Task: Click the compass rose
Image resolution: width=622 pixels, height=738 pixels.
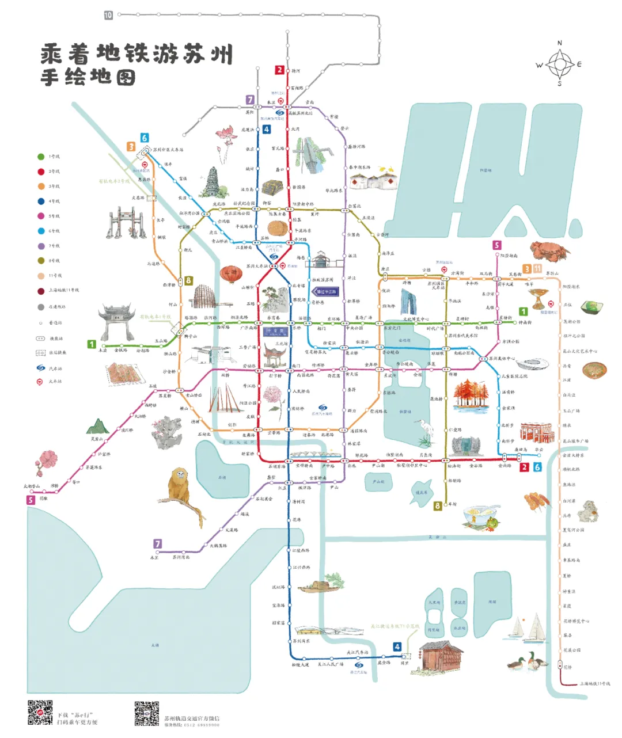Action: [559, 63]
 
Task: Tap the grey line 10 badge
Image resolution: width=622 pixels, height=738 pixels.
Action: [108, 15]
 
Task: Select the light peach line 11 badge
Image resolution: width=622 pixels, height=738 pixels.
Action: [537, 269]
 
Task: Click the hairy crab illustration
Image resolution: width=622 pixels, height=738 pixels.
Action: [549, 250]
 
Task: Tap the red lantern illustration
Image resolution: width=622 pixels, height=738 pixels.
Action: [230, 273]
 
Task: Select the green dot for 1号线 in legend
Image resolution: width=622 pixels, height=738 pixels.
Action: [41, 157]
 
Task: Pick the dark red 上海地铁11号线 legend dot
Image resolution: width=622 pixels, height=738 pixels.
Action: [41, 291]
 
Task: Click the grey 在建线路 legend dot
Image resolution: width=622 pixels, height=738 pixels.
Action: [41, 307]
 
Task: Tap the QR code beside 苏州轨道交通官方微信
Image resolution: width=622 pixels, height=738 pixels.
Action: [147, 713]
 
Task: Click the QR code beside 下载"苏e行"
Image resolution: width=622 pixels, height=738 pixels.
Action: [40, 713]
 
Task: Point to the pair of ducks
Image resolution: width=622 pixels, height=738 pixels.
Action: [529, 661]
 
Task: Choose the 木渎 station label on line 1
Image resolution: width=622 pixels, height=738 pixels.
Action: [103, 350]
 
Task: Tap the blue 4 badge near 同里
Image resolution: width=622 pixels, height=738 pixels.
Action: [397, 646]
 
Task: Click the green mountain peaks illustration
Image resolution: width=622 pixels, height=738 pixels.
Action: [97, 427]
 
